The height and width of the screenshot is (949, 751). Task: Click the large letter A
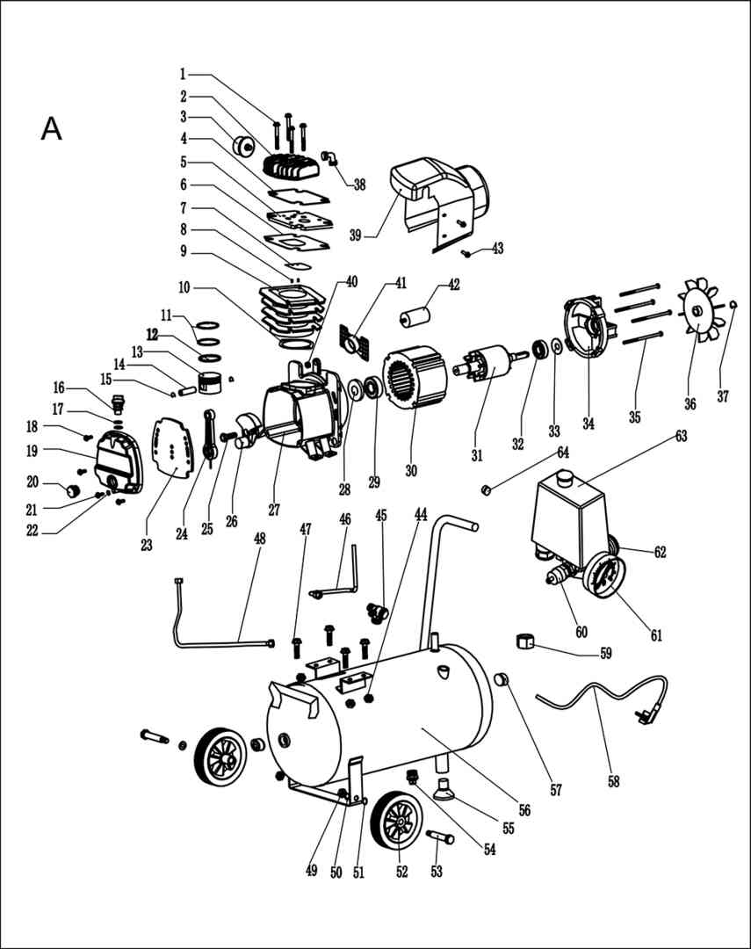tap(52, 128)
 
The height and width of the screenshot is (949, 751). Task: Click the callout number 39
tap(355, 235)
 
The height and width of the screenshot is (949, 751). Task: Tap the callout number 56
tap(524, 810)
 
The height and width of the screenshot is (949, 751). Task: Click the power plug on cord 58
tap(644, 717)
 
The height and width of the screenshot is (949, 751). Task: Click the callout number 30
tap(411, 470)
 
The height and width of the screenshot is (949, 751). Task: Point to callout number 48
tap(260, 538)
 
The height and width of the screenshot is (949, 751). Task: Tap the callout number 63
tap(682, 436)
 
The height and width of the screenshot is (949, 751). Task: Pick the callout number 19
tap(32, 451)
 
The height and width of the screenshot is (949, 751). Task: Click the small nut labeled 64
tap(485, 489)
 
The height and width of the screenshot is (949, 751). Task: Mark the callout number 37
tap(723, 396)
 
